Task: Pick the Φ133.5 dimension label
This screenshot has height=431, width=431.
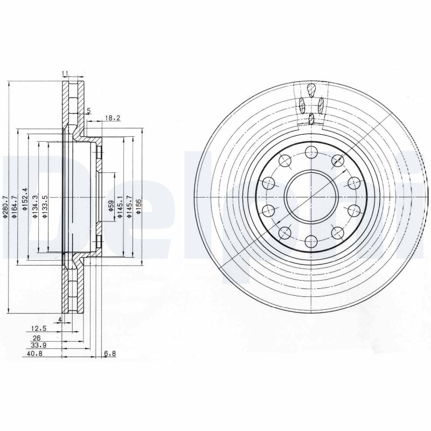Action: point(46,205)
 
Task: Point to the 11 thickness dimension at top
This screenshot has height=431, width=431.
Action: point(64,73)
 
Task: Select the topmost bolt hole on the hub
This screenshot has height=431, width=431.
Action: point(311,152)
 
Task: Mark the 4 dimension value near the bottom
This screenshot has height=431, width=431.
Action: point(60,320)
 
